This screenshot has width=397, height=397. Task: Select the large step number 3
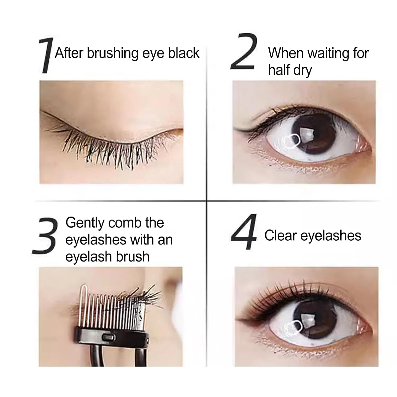click(44, 236)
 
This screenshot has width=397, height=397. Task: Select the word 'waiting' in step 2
click(328, 53)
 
